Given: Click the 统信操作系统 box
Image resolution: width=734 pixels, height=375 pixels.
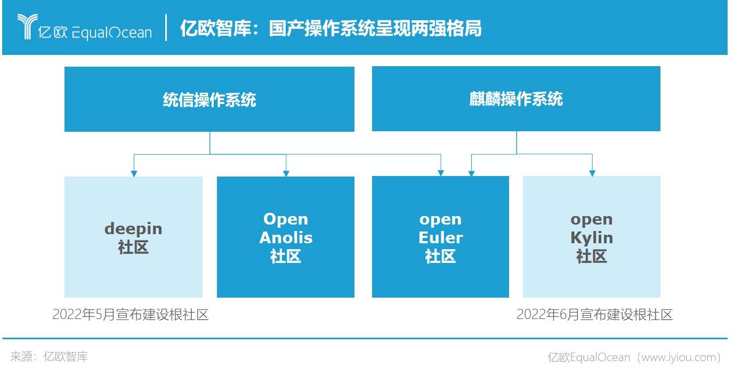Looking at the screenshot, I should pyautogui.click(x=209, y=99).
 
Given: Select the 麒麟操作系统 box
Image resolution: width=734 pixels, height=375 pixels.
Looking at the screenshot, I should pyautogui.click(x=515, y=99).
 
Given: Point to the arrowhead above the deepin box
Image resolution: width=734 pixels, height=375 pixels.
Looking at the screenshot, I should pyautogui.click(x=134, y=173).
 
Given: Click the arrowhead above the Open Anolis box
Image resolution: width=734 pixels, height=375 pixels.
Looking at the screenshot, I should pyautogui.click(x=286, y=173).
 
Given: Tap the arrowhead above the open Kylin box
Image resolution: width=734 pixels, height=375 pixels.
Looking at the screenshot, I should pyautogui.click(x=592, y=173).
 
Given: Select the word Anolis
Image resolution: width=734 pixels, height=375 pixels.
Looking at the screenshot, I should pyautogui.click(x=286, y=237).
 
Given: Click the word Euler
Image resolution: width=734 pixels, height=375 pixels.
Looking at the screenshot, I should pyautogui.click(x=440, y=237).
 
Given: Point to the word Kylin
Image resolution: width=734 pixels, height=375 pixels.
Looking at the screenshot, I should pyautogui.click(x=592, y=237).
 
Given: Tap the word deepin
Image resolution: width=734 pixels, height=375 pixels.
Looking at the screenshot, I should pyautogui.click(x=133, y=229).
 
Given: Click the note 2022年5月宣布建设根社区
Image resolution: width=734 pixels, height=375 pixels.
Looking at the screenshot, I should pyautogui.click(x=130, y=315).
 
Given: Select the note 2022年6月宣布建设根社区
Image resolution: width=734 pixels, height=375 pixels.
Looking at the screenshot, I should pyautogui.click(x=594, y=315).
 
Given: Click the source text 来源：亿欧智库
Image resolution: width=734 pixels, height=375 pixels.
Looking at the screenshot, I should pyautogui.click(x=49, y=357).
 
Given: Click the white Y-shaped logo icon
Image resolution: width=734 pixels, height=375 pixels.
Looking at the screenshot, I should pyautogui.click(x=25, y=27).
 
